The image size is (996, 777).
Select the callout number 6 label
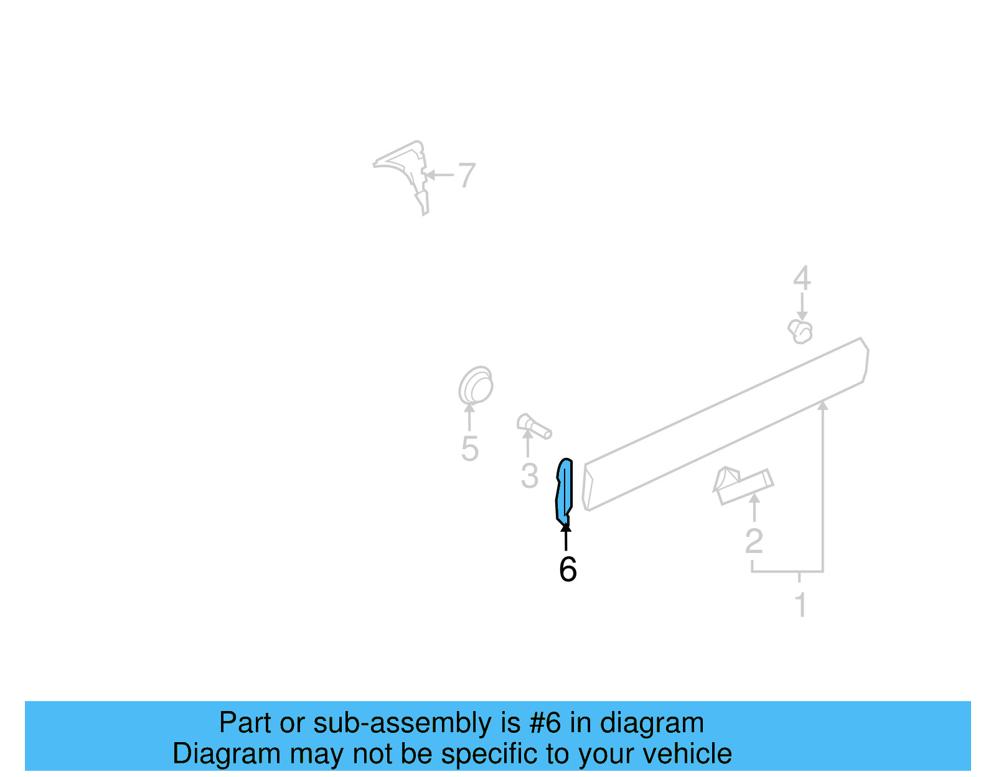point(567,569)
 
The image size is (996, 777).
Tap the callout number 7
point(467,175)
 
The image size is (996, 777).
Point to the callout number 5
point(469,449)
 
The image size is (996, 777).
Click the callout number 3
point(529,476)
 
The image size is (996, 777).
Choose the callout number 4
point(802,278)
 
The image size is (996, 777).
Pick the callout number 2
point(754,541)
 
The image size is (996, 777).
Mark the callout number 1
point(801,605)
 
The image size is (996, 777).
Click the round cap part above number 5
point(476,386)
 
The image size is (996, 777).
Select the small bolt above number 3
point(533,426)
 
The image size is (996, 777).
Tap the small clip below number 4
point(801,332)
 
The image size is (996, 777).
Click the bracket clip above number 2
point(742,485)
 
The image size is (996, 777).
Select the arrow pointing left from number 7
point(439,175)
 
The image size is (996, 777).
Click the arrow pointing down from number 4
point(802,308)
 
